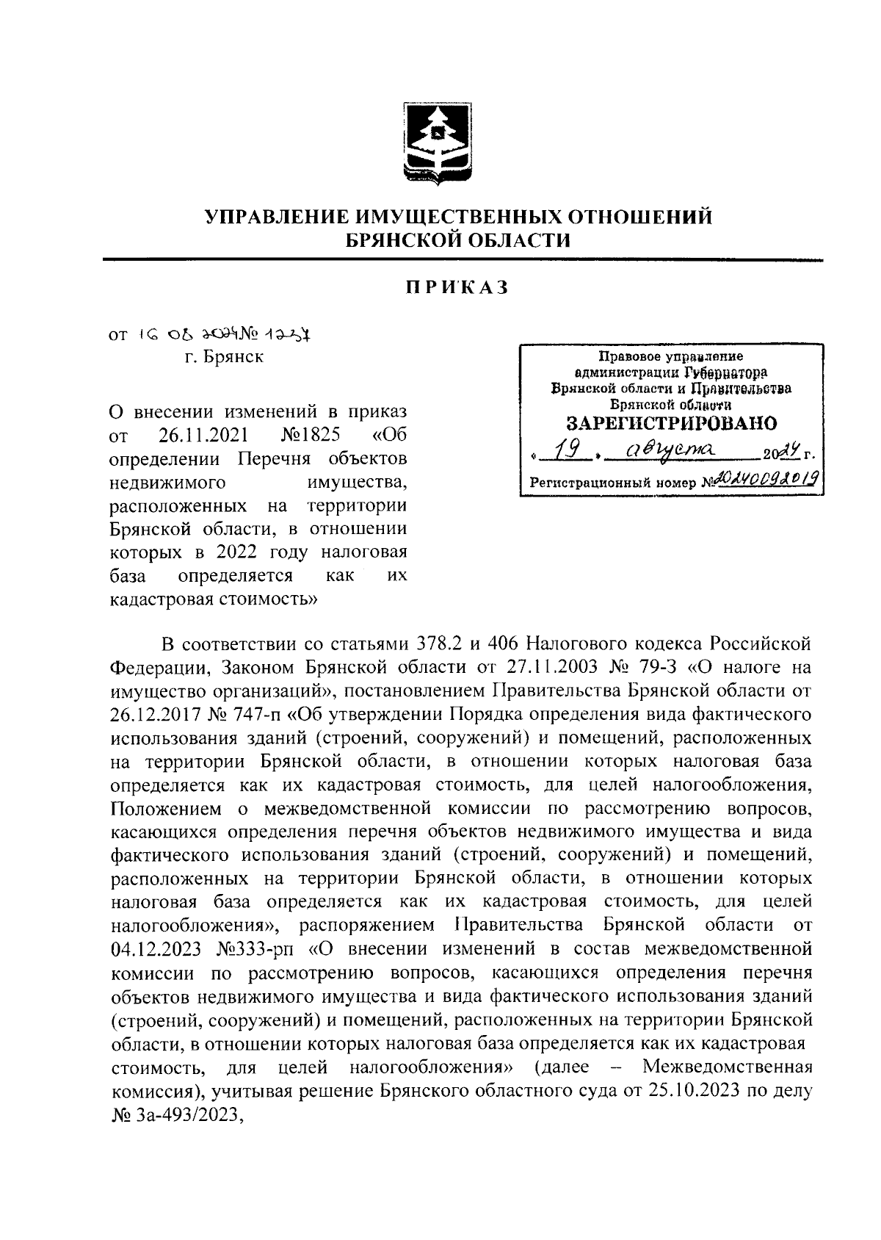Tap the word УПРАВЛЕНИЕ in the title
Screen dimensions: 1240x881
279,217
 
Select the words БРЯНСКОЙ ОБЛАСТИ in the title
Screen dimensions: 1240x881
458,239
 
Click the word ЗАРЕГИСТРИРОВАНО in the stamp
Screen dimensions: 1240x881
671,424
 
